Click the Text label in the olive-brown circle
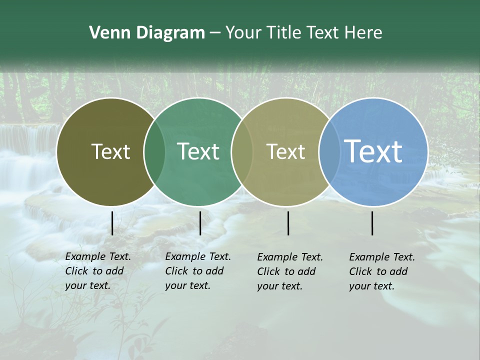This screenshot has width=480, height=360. (110, 151)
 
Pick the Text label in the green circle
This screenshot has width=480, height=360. (198, 151)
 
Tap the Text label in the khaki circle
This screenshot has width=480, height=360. (285, 151)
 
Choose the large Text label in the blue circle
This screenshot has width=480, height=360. (373, 151)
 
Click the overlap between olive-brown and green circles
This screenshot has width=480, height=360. (154, 152)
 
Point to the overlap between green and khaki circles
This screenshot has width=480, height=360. (242, 152)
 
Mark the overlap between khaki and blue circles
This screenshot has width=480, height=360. (328, 152)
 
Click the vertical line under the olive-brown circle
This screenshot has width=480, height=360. (112, 223)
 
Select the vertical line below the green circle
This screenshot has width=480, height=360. (200, 223)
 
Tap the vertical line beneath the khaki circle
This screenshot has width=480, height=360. (288, 223)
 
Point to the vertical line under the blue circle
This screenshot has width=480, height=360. (372, 223)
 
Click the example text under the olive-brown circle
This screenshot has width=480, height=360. (98, 271)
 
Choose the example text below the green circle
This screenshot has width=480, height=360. (198, 271)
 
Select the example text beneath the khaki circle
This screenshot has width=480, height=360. (290, 271)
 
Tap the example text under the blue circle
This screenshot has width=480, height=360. (382, 271)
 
